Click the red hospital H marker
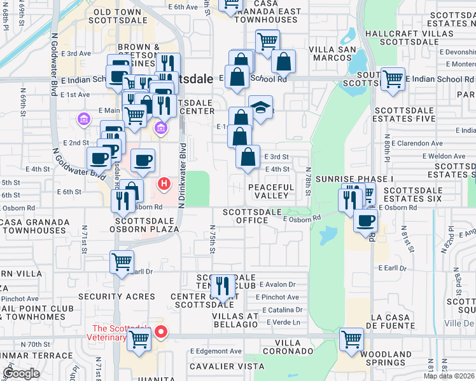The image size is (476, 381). [x=164, y=185]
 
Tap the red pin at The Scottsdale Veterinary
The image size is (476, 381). [x=162, y=331]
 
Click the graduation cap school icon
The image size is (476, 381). [x=260, y=107]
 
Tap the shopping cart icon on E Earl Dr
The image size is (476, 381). [x=122, y=261]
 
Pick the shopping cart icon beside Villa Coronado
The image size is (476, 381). [x=351, y=339]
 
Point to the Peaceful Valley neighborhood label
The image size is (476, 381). [x=271, y=192]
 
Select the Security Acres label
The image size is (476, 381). [x=116, y=297]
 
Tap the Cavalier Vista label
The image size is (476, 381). [x=227, y=366]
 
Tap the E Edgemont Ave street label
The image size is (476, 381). [x=216, y=351]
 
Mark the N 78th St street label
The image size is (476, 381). [x=307, y=181]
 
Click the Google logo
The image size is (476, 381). [x=21, y=373]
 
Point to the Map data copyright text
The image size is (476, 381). [x=449, y=376]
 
